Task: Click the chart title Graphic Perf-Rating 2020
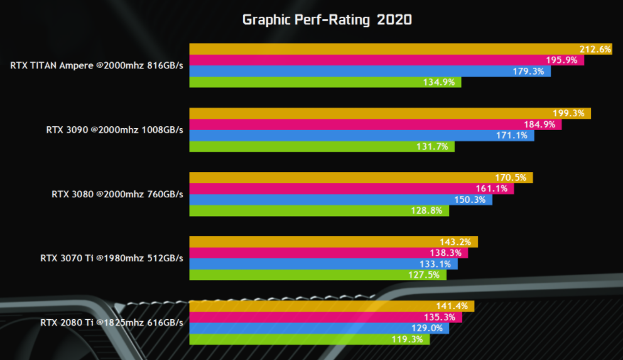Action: pos(327,20)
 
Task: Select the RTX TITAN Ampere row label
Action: pos(97,65)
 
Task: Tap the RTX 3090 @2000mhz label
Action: pos(114,130)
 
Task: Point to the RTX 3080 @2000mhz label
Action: pos(117,194)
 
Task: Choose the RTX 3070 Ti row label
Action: pos(112,258)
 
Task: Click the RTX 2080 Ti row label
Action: pos(112,323)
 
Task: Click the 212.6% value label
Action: pos(595,49)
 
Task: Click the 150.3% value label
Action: pos(470,200)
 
